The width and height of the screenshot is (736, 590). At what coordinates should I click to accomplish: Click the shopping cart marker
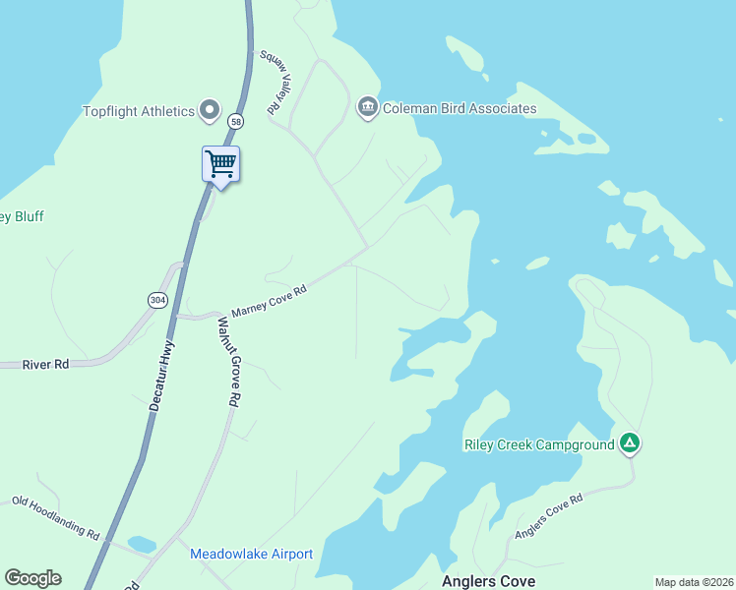(x=221, y=163)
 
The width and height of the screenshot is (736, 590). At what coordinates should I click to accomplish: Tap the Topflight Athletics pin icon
(x=210, y=110)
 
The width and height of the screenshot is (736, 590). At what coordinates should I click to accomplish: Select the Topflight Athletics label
(x=139, y=111)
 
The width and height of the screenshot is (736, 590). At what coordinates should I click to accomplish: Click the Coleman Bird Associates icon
(x=368, y=106)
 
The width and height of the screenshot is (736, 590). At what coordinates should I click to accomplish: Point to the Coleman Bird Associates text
(x=460, y=108)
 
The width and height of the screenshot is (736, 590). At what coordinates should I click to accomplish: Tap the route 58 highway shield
(x=235, y=121)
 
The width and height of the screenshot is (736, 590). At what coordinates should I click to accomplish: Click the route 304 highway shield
(x=157, y=299)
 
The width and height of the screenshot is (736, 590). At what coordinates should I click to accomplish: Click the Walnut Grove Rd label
(x=229, y=362)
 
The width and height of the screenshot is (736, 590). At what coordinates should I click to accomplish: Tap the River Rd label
(x=47, y=364)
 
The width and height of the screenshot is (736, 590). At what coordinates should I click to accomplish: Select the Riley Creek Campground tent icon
(x=630, y=444)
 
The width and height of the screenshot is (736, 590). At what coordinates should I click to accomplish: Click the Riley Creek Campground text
(x=539, y=444)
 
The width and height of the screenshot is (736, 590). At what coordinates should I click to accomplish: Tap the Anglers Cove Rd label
(x=549, y=517)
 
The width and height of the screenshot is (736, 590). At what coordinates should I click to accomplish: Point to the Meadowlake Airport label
(x=251, y=554)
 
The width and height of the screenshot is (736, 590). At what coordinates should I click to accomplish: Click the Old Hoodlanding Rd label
(x=56, y=516)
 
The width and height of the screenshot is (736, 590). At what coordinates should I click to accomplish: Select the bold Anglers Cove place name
(x=488, y=581)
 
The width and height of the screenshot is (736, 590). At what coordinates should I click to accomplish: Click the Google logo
(x=32, y=578)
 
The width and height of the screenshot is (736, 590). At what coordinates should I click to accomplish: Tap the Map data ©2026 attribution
(x=694, y=582)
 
